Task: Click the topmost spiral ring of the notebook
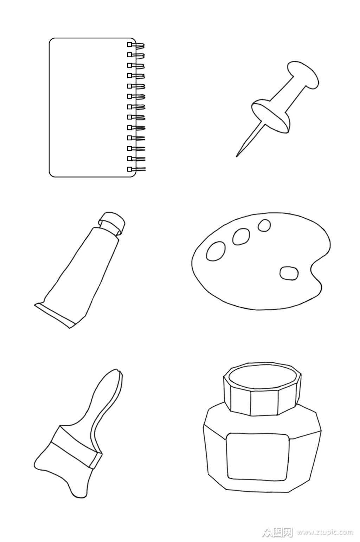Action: tap(136, 45)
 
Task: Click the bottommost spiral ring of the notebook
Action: tap(136, 169)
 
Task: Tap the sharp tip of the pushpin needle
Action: tap(237, 156)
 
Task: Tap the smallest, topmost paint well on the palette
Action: tap(264, 225)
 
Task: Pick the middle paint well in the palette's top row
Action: tap(241, 237)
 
